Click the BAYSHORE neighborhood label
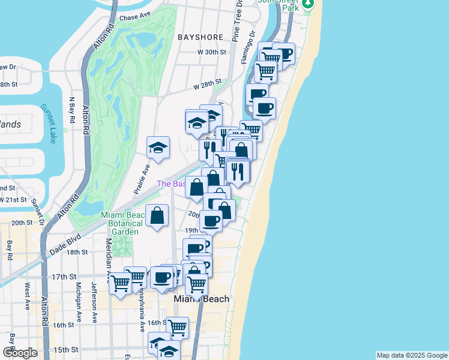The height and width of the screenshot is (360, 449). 200,37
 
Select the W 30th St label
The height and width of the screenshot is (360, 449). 211,52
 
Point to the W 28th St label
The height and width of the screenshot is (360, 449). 207,85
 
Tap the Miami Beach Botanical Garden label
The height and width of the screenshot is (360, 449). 122,223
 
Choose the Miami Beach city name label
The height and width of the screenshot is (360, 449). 201,299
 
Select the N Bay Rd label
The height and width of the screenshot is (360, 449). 72,110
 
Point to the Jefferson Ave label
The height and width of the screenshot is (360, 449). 94,302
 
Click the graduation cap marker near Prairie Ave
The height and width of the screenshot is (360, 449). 158,148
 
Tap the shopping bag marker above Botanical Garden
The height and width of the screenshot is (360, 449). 157,215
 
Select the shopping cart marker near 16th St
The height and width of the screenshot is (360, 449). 177,327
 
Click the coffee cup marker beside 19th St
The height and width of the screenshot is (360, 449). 211,220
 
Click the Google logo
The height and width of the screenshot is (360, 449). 20,353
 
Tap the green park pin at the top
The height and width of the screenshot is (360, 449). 309,4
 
